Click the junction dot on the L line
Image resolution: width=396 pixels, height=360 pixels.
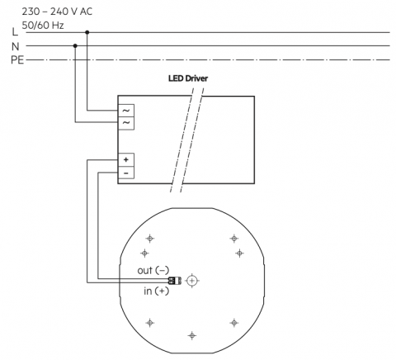tap(87, 32)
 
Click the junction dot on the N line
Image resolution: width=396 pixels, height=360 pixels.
tap(75, 45)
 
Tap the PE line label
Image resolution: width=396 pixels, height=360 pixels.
tap(17, 60)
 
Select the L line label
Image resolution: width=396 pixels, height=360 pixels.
tap(15, 32)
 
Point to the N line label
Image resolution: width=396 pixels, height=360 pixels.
tap(16, 46)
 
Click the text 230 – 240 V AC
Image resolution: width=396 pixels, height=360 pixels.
tap(57, 12)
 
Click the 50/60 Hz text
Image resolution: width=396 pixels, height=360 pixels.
tap(43, 26)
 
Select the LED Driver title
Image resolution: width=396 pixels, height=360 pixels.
tap(188, 78)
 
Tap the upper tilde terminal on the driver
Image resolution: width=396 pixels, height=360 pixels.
tap(126, 111)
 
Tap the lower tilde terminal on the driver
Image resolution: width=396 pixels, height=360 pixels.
tap(126, 123)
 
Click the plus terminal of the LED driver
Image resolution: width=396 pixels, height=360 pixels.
tap(126, 160)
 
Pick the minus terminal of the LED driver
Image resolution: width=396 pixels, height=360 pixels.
tap(126, 173)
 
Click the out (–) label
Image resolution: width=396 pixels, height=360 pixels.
tap(153, 270)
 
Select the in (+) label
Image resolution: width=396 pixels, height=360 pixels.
tap(156, 291)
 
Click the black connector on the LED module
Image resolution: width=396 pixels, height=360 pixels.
tap(175, 281)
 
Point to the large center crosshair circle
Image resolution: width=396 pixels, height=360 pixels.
tap(192, 281)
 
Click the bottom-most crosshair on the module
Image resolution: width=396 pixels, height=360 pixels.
tap(192, 335)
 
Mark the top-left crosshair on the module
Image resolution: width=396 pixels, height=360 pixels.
tap(150, 239)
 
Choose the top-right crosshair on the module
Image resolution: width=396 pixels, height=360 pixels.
tap(234, 239)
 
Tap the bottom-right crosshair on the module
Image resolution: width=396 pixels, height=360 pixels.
tap(234, 323)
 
